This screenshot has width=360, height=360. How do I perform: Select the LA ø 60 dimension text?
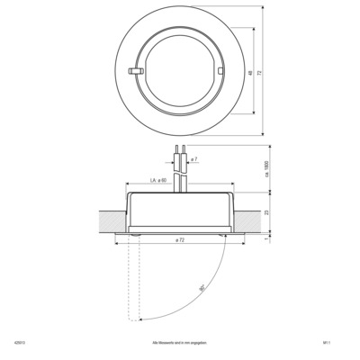click(x=160, y=182)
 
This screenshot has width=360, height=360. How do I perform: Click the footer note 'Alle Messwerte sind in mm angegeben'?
click(x=180, y=342)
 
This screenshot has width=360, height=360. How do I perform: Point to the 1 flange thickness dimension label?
click(x=266, y=238)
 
